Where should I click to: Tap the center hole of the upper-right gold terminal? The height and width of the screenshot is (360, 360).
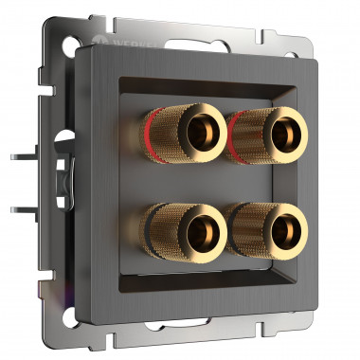point(280,129)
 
